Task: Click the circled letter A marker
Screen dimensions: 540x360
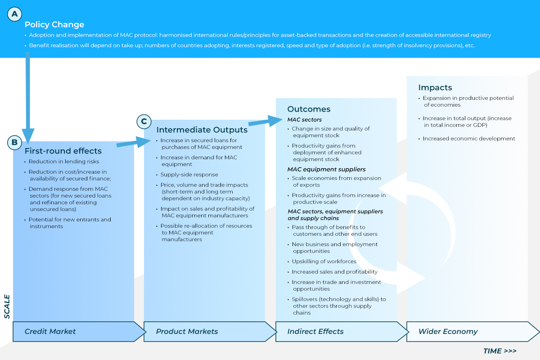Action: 14,14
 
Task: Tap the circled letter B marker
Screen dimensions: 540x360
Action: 14,142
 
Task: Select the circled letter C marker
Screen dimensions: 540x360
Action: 144,121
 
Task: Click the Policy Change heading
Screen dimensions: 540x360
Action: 54,25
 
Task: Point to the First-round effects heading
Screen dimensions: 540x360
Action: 63,151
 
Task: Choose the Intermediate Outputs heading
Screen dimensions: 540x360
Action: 202,130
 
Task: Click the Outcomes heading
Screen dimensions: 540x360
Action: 309,109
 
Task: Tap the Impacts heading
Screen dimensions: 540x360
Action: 435,87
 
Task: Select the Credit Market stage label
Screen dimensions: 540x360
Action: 50,331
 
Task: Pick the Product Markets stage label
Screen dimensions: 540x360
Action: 187,331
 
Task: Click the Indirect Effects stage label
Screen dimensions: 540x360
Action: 315,331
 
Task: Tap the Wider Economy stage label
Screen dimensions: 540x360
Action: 448,332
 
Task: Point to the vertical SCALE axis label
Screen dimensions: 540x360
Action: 7,306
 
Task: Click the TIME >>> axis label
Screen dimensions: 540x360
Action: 500,351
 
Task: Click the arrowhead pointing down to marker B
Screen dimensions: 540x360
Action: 28,135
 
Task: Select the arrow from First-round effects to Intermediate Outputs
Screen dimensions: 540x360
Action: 134,142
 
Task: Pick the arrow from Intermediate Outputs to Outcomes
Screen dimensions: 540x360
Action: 265,121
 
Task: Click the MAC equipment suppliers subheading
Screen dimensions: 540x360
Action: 326,169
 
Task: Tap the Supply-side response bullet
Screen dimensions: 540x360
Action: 189,175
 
